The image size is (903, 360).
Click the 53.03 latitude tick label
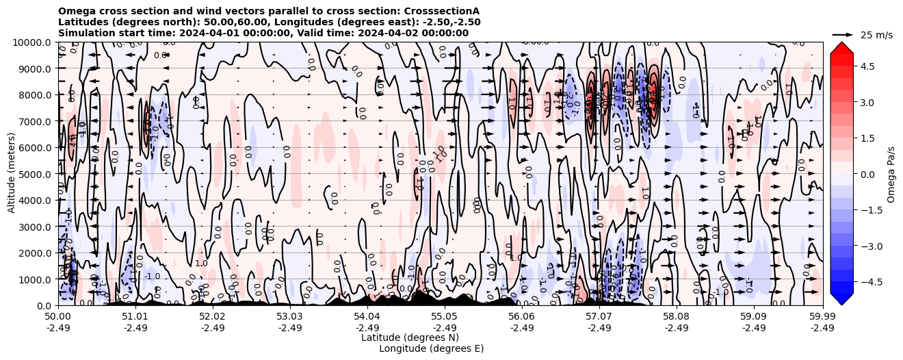point(289,318)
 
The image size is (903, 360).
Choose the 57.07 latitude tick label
point(599,318)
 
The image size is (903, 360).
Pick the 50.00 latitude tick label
point(58,318)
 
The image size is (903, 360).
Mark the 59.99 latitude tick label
point(822,318)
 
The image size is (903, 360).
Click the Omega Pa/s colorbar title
point(891,174)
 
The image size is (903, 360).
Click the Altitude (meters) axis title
point(12,174)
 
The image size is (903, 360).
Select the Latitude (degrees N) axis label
point(410,337)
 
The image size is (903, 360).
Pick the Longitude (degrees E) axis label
point(431,348)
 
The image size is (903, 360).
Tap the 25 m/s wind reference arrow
point(842,34)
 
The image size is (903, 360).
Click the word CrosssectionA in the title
point(442,12)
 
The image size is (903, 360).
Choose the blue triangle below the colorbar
point(841,298)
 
